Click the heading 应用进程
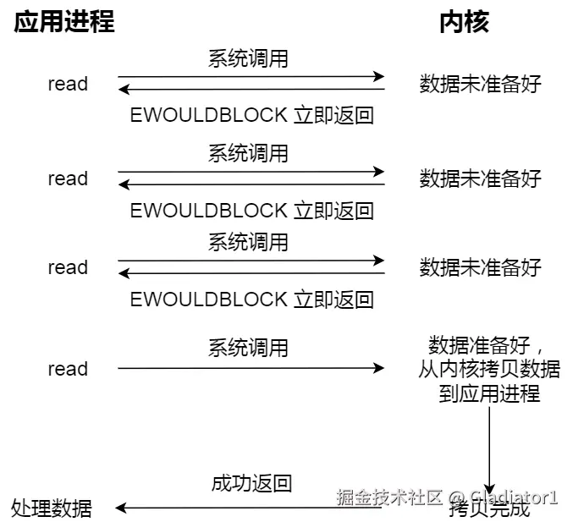click(x=63, y=22)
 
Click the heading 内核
click(x=464, y=22)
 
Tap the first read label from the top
click(x=68, y=84)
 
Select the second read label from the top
click(x=68, y=179)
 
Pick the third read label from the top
click(x=68, y=267)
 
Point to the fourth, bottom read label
click(x=68, y=369)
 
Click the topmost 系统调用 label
click(x=248, y=58)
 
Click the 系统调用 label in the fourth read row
click(x=248, y=348)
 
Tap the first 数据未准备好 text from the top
click(x=480, y=84)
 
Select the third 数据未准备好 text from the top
click(x=480, y=267)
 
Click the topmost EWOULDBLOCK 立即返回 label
click(x=251, y=115)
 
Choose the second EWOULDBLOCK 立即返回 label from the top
click(x=251, y=210)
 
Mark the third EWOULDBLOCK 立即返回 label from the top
click(x=251, y=299)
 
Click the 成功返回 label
click(x=251, y=483)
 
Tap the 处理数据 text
click(x=52, y=508)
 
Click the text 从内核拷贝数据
click(x=488, y=370)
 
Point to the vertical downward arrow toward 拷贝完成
click(x=489, y=448)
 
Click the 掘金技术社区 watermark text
click(x=389, y=497)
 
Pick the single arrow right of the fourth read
click(x=251, y=369)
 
